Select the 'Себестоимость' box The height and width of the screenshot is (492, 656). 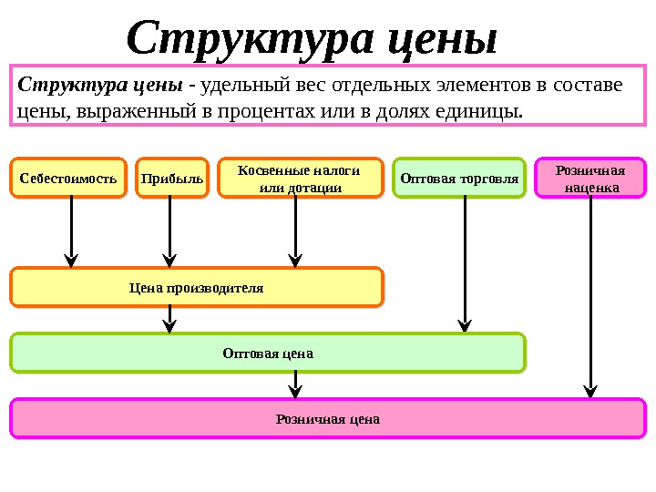click(68, 179)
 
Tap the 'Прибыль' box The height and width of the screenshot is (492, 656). click(172, 179)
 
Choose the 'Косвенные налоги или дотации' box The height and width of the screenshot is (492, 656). click(298, 179)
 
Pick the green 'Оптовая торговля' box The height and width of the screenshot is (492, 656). click(459, 179)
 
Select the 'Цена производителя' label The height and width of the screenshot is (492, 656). click(196, 288)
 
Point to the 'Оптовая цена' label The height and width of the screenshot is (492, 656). click(268, 353)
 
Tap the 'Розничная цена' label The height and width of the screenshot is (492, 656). click(327, 419)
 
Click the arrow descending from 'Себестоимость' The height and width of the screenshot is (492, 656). click(71, 232)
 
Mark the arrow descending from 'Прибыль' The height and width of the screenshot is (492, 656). click(169, 232)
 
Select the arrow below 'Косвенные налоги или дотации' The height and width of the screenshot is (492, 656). click(295, 232)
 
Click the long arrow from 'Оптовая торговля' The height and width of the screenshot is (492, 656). click(465, 264)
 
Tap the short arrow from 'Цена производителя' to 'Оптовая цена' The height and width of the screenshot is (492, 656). click(169, 319)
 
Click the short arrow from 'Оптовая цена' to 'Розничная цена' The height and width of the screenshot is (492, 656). click(295, 384)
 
